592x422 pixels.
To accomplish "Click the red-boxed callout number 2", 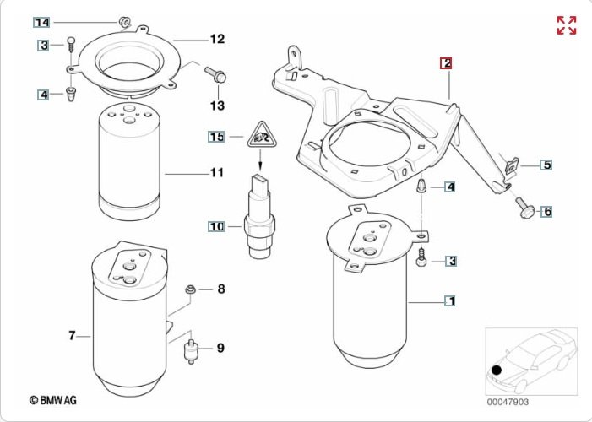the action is coord(446,63).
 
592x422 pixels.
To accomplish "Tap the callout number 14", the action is coord(41,23).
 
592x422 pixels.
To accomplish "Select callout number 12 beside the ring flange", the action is coord(217,39).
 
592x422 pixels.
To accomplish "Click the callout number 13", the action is coord(217,105).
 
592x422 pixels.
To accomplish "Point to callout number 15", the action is coord(217,136).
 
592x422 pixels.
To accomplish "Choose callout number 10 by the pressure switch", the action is coord(216,226).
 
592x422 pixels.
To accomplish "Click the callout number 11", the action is coord(217,172).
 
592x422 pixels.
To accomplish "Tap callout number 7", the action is coord(72,335).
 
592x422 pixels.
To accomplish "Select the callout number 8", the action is coord(221,289).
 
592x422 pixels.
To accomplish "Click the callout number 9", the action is coord(221,348).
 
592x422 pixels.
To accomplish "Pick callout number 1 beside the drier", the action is coord(449,300).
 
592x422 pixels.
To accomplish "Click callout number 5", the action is coord(546,165).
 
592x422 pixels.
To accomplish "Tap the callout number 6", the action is coord(546,211).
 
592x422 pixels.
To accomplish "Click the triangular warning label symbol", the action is coord(260,135).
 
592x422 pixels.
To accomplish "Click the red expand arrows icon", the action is coord(567,25).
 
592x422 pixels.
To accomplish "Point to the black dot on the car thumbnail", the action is coord(497,371).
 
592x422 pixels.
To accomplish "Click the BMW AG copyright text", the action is coord(53,400).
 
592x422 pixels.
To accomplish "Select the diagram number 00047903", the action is coord(508,402).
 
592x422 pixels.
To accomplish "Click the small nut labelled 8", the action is coord(189,289).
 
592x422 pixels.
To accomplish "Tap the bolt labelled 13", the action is coord(215,74).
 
